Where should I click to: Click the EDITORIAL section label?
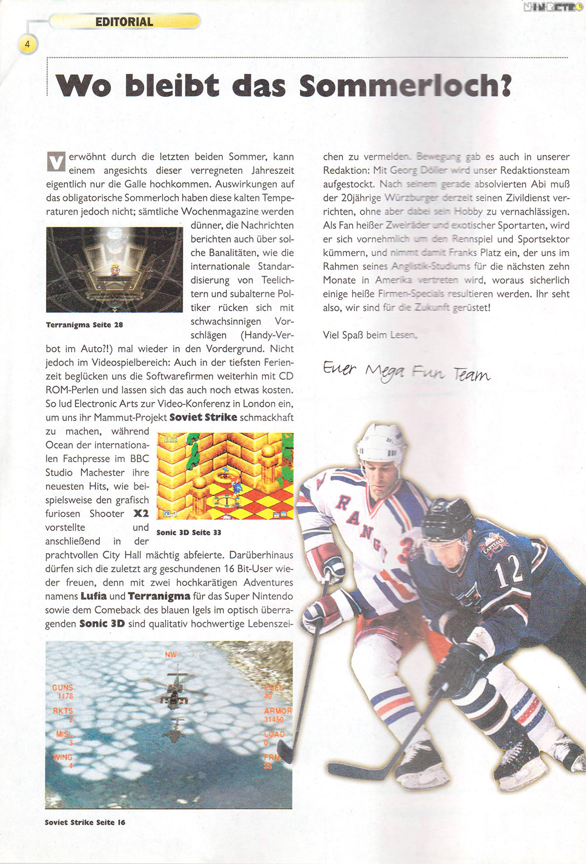click(x=124, y=22)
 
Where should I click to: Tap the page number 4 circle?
click(x=28, y=44)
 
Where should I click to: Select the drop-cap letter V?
click(x=56, y=162)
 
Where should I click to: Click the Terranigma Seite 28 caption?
click(x=84, y=325)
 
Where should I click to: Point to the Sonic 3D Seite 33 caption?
click(x=188, y=532)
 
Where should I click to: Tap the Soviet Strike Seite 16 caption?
click(x=84, y=822)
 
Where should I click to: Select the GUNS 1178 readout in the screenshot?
click(x=63, y=691)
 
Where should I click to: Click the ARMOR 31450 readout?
click(x=277, y=715)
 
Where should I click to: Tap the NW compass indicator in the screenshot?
click(x=170, y=655)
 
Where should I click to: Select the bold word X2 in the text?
click(x=141, y=513)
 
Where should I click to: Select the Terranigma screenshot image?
click(x=114, y=269)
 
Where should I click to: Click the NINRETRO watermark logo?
click(x=553, y=6)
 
